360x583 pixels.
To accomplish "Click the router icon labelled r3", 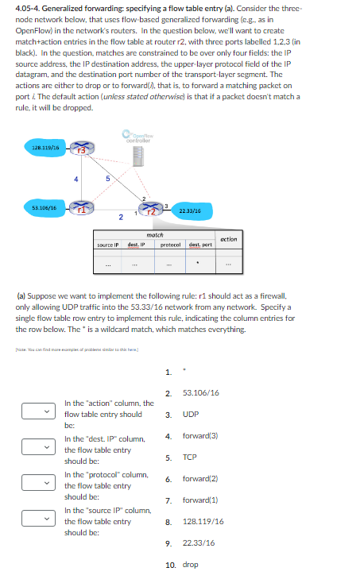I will click(81, 149).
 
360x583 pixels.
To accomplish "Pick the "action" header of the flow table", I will click(229, 239).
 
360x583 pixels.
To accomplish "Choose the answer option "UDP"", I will click(191, 414).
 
